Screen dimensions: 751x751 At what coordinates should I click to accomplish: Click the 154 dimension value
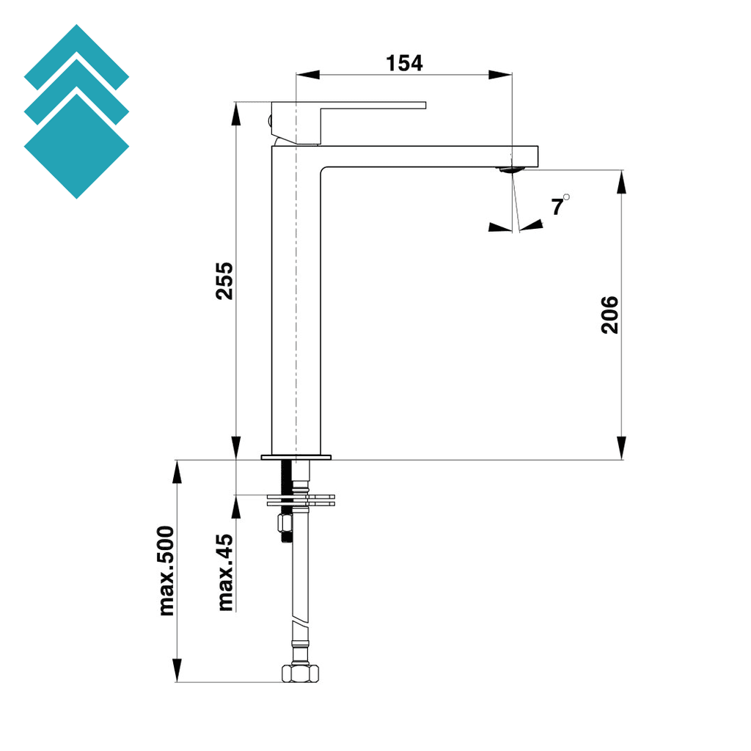click(x=404, y=63)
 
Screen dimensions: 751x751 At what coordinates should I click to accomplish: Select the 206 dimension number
click(x=609, y=315)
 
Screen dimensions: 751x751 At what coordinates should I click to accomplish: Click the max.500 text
click(x=167, y=570)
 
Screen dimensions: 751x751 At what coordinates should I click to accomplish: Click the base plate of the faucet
click(x=296, y=457)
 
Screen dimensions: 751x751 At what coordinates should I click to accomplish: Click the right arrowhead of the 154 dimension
click(x=502, y=74)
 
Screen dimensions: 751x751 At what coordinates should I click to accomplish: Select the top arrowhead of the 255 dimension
click(x=236, y=112)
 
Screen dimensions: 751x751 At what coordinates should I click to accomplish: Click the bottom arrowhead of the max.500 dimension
click(x=177, y=670)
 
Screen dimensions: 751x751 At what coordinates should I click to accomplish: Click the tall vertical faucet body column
click(x=296, y=308)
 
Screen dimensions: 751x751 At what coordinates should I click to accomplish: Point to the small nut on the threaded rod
click(x=283, y=522)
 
